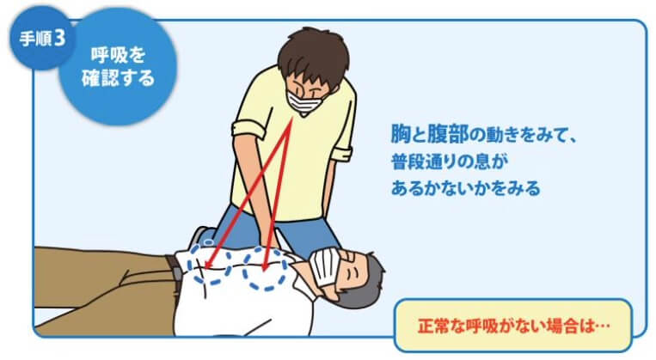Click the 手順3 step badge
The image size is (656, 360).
(41, 39)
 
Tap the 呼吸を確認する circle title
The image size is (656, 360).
(118, 66)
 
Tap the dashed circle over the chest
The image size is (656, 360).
(265, 269)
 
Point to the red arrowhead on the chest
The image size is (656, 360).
(265, 266)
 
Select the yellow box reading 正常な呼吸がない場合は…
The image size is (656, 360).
(513, 326)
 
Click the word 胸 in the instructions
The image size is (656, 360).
(401, 134)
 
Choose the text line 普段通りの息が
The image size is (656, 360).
(450, 162)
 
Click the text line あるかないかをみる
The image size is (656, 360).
(466, 188)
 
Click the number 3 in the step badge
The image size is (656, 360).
(60, 39)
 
